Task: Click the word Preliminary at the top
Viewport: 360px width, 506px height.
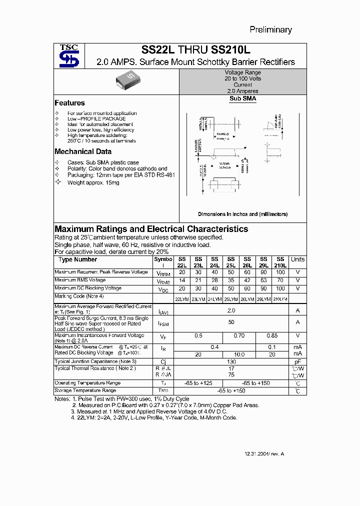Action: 270,29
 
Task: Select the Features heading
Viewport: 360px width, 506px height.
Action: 69,103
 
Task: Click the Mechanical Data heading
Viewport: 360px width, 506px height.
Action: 83,151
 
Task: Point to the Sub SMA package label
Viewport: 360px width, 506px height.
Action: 243,99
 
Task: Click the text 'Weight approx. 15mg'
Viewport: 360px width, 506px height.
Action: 93,183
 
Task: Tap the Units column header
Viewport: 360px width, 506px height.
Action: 297,259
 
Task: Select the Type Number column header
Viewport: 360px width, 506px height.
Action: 77,259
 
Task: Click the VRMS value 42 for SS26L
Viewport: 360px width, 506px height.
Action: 247,280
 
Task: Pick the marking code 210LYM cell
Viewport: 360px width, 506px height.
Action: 280,298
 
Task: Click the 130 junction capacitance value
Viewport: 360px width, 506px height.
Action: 231,361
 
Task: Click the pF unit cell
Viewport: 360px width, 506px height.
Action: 297,361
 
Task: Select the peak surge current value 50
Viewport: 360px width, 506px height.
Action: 231,322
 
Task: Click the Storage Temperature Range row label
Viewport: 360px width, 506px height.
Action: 85,390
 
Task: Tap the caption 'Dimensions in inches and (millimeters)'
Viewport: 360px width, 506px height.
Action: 242,214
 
